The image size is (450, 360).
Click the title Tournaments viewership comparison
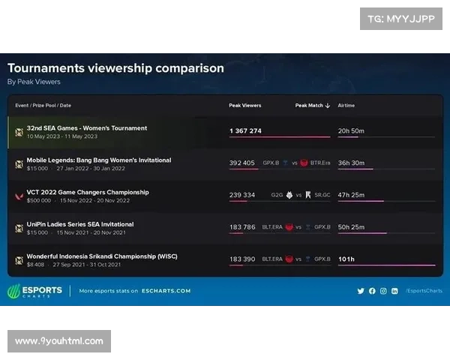pos(115,68)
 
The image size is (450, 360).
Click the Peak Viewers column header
pos(244,106)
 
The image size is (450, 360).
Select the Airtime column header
pos(346,106)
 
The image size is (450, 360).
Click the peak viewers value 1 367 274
pos(245,131)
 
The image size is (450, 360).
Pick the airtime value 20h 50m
pos(351,131)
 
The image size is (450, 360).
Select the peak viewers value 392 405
pos(242,163)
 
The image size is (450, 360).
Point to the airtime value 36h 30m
pos(351,163)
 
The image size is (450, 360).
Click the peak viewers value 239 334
pos(242,195)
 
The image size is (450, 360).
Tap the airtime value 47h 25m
pos(351,195)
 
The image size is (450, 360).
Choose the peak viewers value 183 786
pos(242,226)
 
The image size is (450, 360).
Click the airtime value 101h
pos(346,259)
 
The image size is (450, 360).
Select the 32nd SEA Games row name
pos(87,128)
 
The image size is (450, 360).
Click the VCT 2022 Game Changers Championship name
pos(88,192)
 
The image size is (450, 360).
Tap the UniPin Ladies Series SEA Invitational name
pos(80,224)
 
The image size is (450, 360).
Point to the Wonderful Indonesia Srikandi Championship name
pos(91,256)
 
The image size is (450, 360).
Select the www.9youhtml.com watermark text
pos(59,341)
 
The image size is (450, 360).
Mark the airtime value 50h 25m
pos(351,226)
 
